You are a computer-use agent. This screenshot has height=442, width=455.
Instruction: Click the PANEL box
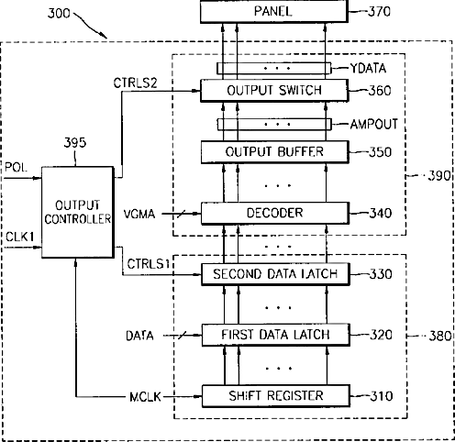pyautogui.click(x=274, y=11)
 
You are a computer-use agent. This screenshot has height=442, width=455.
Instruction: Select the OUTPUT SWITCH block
pyautogui.click(x=274, y=91)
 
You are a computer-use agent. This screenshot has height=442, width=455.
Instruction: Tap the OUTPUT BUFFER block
pyautogui.click(x=274, y=152)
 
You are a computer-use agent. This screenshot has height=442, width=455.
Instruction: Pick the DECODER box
pyautogui.click(x=275, y=213)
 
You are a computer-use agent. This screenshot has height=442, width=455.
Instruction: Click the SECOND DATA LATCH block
pyautogui.click(x=275, y=274)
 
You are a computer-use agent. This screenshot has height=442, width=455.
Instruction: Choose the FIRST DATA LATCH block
pyautogui.click(x=275, y=335)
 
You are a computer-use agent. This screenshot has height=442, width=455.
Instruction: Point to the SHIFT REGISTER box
pyautogui.click(x=276, y=396)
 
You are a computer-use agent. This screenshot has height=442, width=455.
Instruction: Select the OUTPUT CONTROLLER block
pyautogui.click(x=78, y=212)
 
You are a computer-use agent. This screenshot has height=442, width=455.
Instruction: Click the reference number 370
pyautogui.click(x=379, y=12)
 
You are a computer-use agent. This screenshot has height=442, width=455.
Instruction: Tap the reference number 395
pyautogui.click(x=75, y=142)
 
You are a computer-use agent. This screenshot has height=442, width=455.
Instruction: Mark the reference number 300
pyautogui.click(x=59, y=13)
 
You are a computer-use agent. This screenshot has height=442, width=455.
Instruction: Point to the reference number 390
pyautogui.click(x=439, y=176)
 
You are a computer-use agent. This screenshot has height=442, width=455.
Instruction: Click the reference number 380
pyautogui.click(x=440, y=336)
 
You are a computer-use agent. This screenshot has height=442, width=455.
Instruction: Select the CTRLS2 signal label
pyautogui.click(x=135, y=83)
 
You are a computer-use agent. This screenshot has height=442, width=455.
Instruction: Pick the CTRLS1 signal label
pyautogui.click(x=149, y=264)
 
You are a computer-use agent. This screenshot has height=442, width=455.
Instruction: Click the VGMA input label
pyautogui.click(x=139, y=214)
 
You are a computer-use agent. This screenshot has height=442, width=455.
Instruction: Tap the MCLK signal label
pyautogui.click(x=145, y=397)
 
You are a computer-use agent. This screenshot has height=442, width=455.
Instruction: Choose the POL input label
pyautogui.click(x=16, y=168)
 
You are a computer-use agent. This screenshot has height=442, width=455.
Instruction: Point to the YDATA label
pyautogui.click(x=368, y=68)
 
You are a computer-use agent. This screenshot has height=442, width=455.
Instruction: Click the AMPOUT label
pyautogui.click(x=374, y=125)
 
